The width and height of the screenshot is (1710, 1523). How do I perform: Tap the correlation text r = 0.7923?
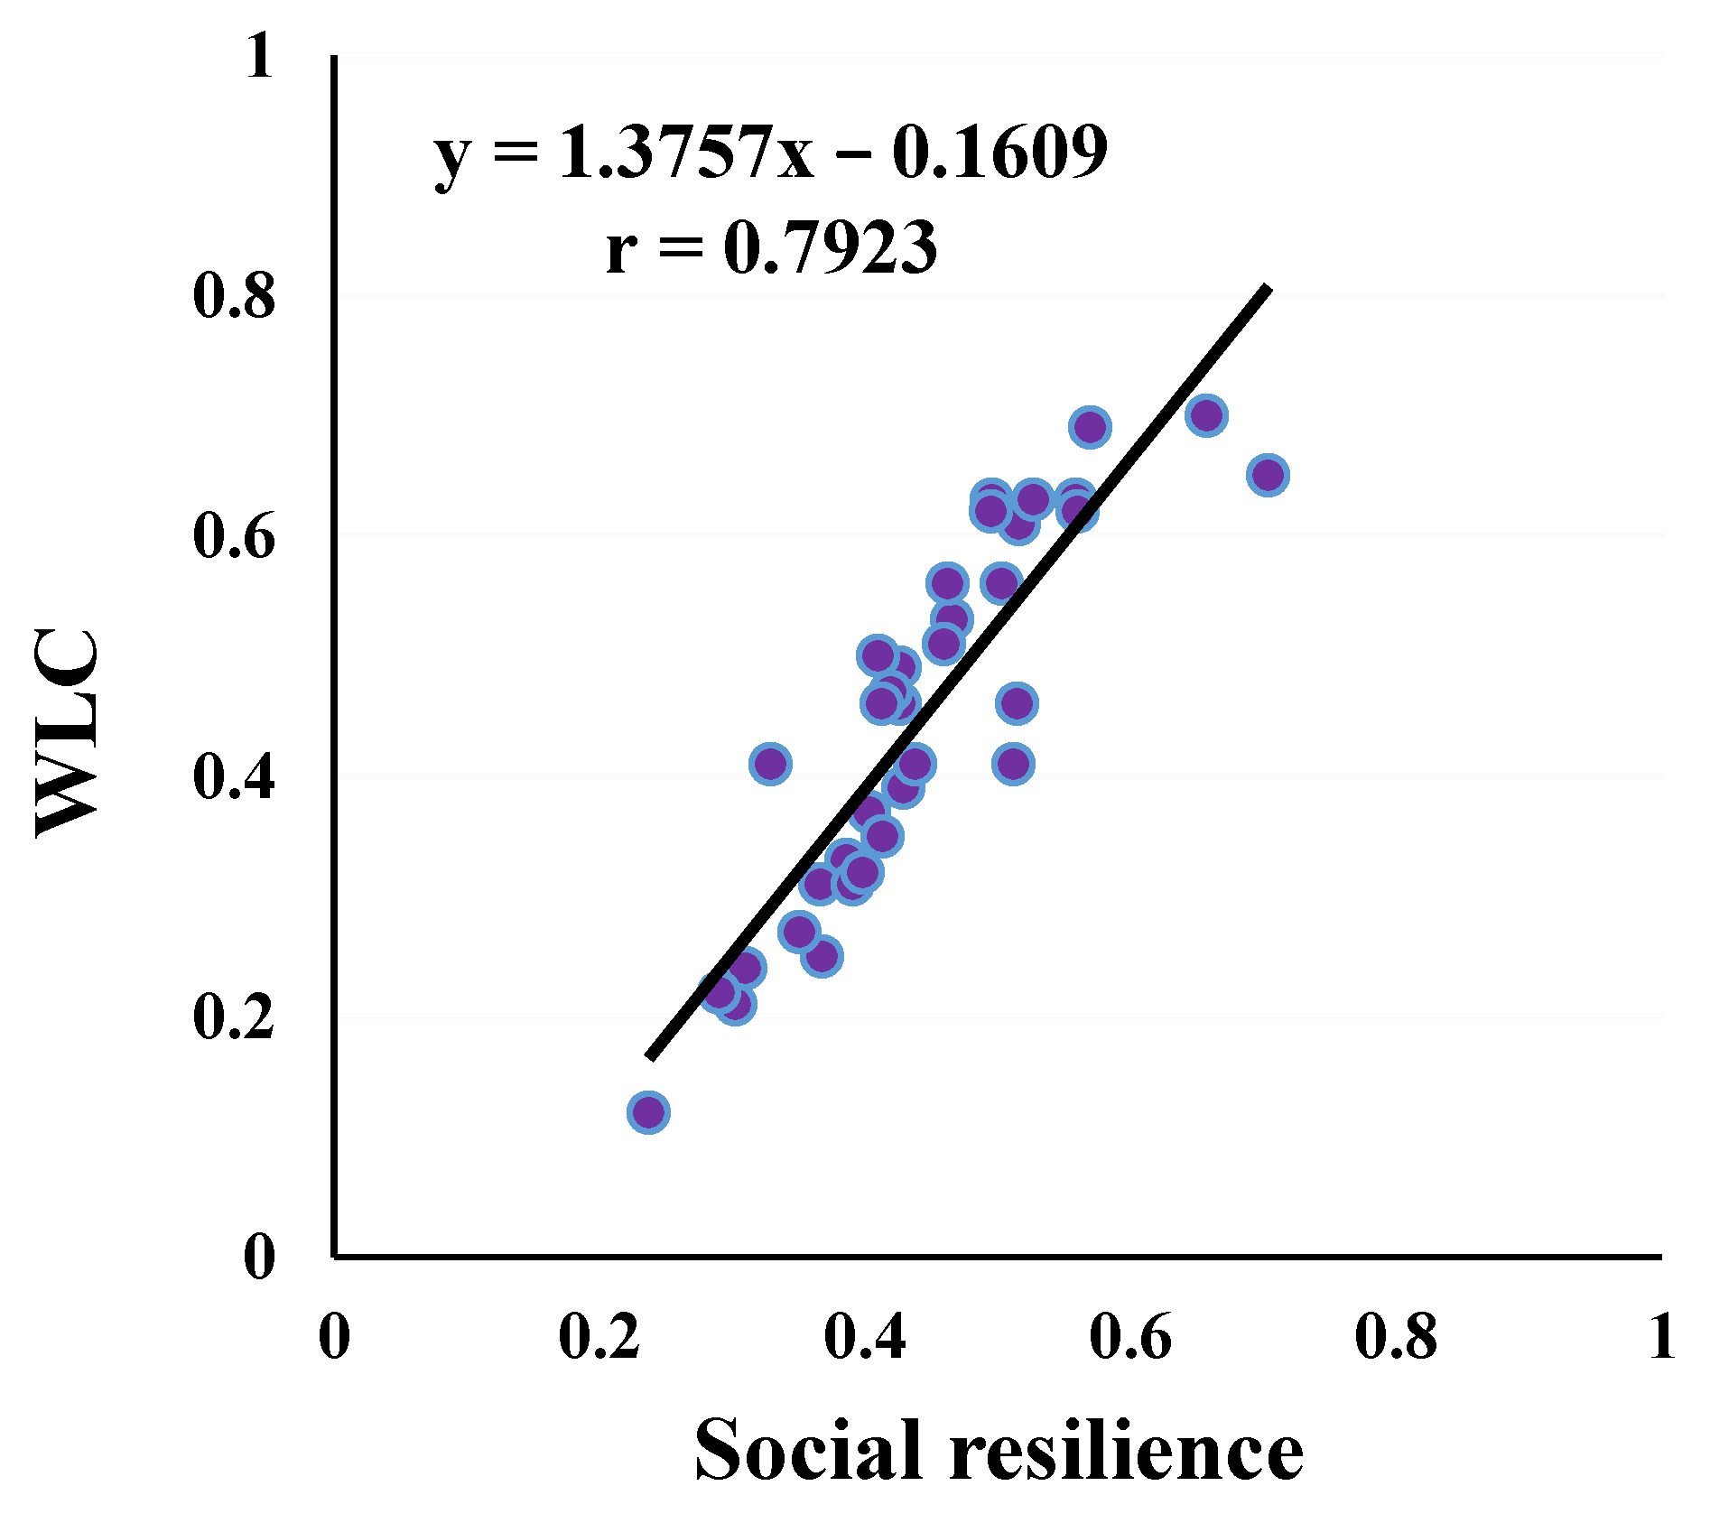coord(770,247)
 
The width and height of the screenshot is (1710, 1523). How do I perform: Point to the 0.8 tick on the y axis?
coord(233,296)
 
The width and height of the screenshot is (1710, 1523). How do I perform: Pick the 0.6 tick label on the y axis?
coord(233,536)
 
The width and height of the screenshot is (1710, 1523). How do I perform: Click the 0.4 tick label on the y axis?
coord(233,776)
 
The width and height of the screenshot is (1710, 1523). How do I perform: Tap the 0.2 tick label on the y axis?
coord(233,1017)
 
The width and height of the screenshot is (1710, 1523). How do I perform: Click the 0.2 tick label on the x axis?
coord(599,1336)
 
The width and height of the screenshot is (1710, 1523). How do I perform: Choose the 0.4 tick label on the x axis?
coord(865,1336)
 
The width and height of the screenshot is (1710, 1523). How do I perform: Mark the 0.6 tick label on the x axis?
coord(1130,1336)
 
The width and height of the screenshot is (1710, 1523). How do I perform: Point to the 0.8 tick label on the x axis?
coord(1396,1336)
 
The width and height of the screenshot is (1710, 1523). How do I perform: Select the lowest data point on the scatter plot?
coord(648,1112)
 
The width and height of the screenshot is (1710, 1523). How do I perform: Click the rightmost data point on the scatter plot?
coord(1268,475)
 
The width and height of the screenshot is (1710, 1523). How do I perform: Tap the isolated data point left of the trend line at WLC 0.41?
coord(770,765)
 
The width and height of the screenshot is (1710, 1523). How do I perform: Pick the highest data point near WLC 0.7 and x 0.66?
coord(1206,415)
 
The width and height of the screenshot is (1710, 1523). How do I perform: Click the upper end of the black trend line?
coord(1267,291)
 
